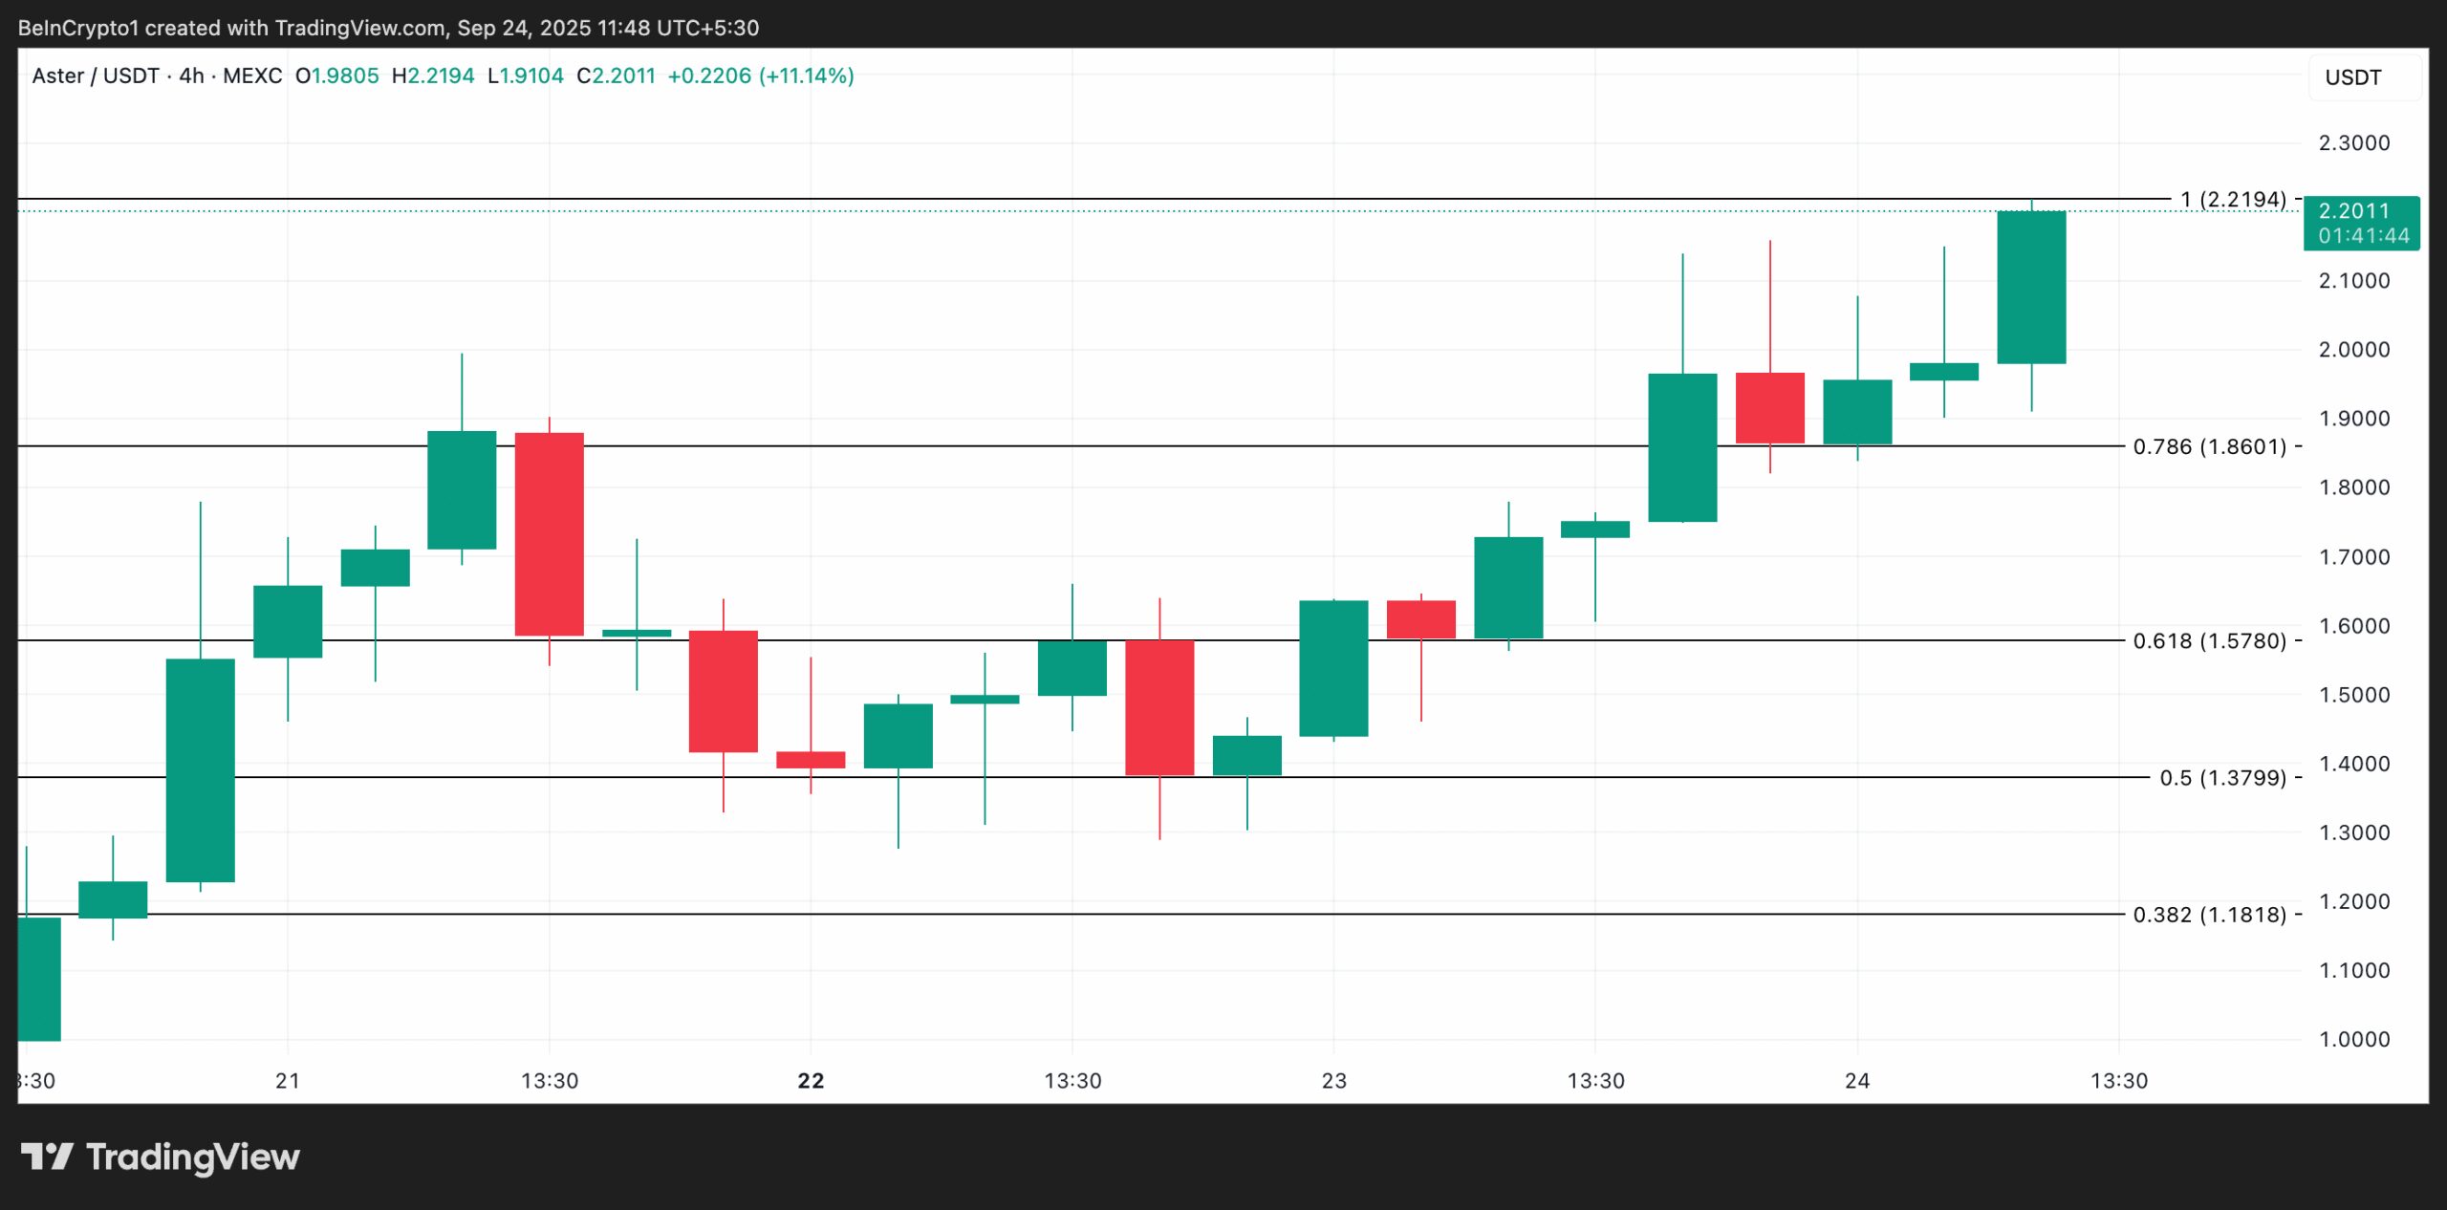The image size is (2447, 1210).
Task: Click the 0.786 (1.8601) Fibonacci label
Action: point(2209,446)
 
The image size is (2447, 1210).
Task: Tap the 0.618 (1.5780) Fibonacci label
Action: point(2209,640)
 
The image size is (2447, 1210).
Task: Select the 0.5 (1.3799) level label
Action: point(2222,778)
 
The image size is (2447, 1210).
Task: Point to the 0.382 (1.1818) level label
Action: point(2209,915)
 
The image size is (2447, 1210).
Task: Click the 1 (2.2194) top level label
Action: point(2233,200)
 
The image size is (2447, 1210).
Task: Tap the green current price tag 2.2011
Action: point(2361,223)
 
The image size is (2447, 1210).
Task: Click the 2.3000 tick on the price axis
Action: point(2353,143)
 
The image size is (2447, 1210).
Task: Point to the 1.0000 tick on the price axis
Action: point(2353,1039)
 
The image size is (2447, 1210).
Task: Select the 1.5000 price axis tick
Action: point(2353,695)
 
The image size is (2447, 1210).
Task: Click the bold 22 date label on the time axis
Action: point(811,1081)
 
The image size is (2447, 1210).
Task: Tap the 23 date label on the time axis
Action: point(1333,1081)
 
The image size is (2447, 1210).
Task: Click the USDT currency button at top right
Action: point(2353,77)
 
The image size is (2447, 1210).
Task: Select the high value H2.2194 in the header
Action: point(433,76)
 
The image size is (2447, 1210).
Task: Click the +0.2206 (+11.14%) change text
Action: point(760,76)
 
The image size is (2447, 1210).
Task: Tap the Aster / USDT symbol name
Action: point(96,76)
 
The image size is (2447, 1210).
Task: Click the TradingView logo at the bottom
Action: point(161,1157)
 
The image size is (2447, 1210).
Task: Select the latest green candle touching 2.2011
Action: point(2031,287)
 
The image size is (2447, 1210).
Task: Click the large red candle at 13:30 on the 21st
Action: point(549,533)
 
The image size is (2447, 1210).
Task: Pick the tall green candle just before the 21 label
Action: point(200,769)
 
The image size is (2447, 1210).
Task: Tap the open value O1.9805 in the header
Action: point(336,76)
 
